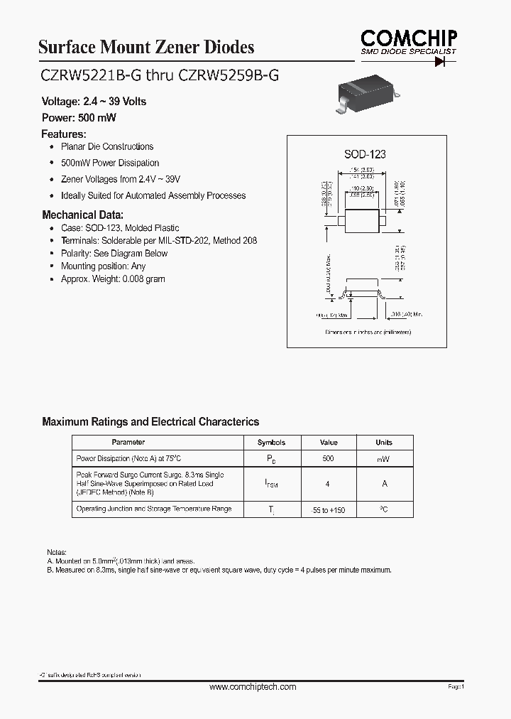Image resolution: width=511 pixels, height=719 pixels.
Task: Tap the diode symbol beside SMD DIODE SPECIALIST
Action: click(x=445, y=62)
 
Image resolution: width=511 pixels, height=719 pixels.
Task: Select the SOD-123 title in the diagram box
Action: click(x=365, y=154)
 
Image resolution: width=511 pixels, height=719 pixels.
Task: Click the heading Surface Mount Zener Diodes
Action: click(x=145, y=48)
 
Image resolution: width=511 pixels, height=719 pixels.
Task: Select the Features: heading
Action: click(x=64, y=134)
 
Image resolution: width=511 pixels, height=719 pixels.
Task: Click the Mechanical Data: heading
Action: click(x=83, y=215)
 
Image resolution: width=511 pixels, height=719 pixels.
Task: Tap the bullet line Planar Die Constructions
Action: click(x=106, y=147)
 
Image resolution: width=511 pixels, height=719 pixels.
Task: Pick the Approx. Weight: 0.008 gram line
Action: click(x=112, y=279)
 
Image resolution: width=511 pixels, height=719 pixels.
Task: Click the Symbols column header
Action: click(x=271, y=442)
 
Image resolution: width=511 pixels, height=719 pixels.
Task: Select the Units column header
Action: click(x=384, y=442)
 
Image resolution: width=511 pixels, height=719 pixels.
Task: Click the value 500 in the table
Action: click(x=328, y=459)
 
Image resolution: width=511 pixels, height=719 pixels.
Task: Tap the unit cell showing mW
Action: click(x=384, y=460)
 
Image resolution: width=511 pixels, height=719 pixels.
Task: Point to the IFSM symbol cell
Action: click(x=271, y=484)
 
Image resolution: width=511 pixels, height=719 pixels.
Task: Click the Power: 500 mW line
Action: click(x=78, y=117)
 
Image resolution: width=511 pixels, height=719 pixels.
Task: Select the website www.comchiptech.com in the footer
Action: click(x=253, y=687)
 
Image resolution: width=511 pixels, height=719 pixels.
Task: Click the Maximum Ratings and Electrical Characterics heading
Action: click(x=150, y=422)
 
